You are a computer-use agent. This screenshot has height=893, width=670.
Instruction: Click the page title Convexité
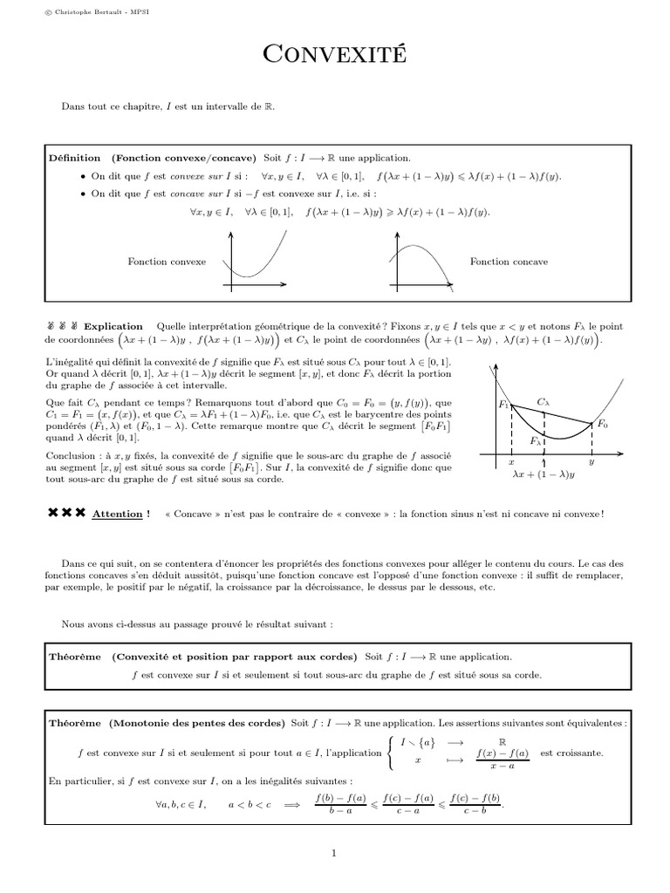pyautogui.click(x=334, y=56)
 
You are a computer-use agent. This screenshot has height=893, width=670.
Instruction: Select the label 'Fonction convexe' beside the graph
pyautogui.click(x=167, y=262)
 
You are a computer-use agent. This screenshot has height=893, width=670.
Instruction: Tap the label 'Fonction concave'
pyautogui.click(x=509, y=262)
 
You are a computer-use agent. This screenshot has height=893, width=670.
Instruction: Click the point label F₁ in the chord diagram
pyautogui.click(x=503, y=405)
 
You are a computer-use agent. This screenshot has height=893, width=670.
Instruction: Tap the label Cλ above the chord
pyautogui.click(x=544, y=402)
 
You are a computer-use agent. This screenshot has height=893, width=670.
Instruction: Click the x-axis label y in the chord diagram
pyautogui.click(x=591, y=462)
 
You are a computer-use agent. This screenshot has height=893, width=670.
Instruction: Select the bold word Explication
pyautogui.click(x=113, y=324)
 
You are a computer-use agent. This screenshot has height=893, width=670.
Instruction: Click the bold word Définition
pyautogui.click(x=76, y=158)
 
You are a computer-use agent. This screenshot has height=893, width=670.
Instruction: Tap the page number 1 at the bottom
pyautogui.click(x=334, y=854)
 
